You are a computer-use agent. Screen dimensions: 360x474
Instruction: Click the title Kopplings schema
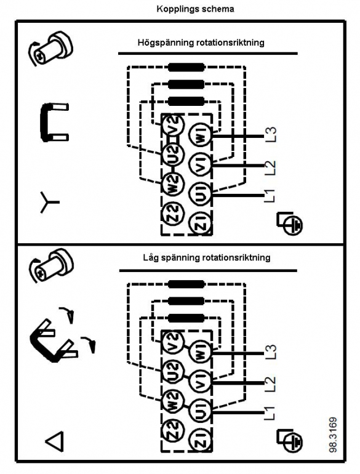[x=195, y=9]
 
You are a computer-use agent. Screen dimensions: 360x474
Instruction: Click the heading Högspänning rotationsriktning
[x=201, y=42]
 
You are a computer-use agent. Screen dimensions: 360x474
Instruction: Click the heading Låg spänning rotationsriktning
[x=207, y=257]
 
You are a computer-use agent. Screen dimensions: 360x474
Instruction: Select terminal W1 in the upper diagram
[x=200, y=136]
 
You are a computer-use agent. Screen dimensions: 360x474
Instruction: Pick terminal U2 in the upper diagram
[x=172, y=153]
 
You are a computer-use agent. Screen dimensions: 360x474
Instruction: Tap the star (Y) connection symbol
[x=49, y=203]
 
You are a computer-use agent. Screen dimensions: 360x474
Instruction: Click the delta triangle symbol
[x=55, y=441]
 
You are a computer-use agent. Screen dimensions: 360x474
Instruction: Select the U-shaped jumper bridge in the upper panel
[x=53, y=122]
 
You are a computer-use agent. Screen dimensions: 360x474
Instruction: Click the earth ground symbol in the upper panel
[x=289, y=223]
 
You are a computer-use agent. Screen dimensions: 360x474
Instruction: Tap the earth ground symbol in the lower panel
[x=289, y=441]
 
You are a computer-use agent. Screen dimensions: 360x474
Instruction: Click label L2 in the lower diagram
[x=270, y=384]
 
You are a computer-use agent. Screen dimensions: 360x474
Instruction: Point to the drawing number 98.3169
[x=333, y=435]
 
